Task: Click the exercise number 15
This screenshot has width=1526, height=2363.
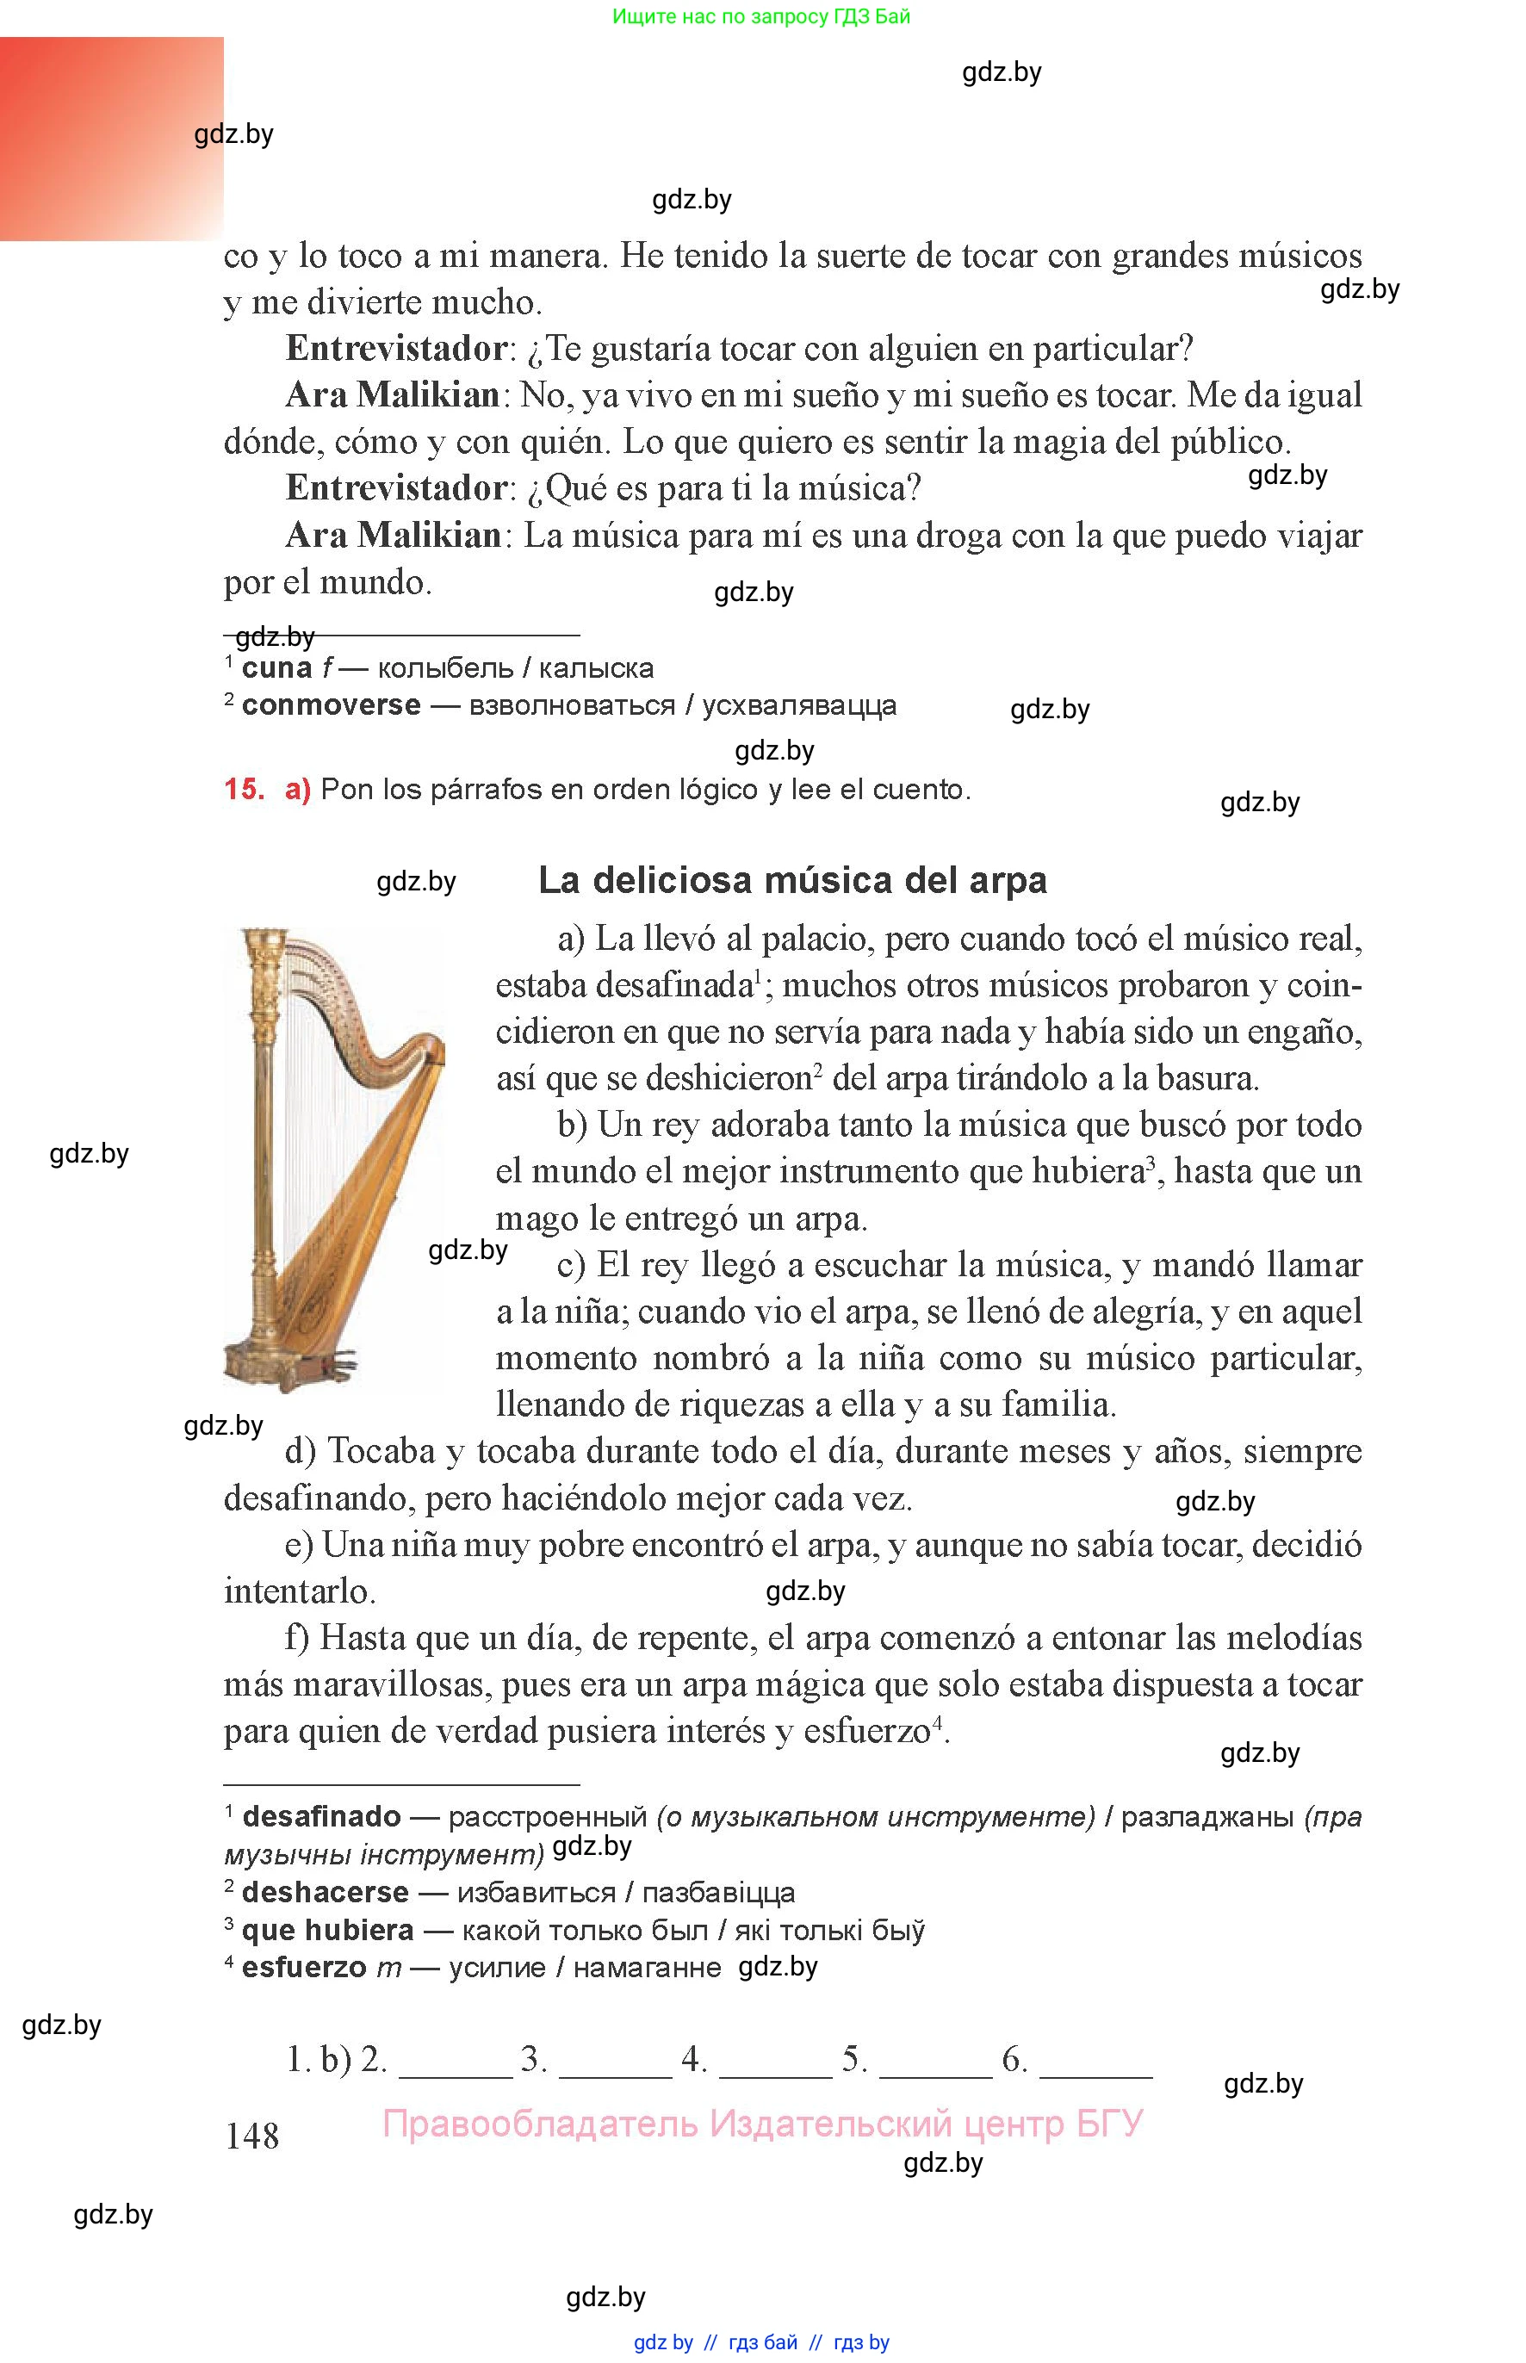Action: [x=244, y=790]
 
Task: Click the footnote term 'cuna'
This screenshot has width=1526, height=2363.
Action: [x=276, y=669]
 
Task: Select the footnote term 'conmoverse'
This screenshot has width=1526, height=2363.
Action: [x=331, y=706]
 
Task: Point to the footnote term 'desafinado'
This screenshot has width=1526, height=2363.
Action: [x=321, y=1817]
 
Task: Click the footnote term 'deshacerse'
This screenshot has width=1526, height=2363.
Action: [x=325, y=1894]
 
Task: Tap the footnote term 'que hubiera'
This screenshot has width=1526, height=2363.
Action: [x=327, y=1931]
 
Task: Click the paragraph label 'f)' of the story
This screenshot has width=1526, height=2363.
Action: [x=298, y=1638]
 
